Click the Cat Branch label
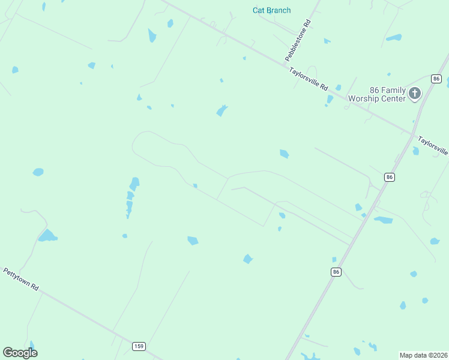(x=271, y=10)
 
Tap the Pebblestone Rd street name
(x=298, y=40)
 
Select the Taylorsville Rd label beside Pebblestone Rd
(x=309, y=79)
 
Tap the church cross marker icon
(x=415, y=93)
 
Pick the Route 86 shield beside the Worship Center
(x=436, y=79)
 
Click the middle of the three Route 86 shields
(x=390, y=176)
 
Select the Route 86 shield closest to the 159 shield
(x=336, y=272)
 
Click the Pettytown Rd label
(x=21, y=279)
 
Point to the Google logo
(x=20, y=353)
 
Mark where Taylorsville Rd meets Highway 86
(x=413, y=134)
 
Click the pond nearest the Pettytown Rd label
(x=47, y=236)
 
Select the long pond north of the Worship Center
(x=394, y=38)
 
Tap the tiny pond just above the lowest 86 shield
(x=334, y=260)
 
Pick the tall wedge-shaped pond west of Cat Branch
(x=152, y=35)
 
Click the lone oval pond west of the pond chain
(x=38, y=172)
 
